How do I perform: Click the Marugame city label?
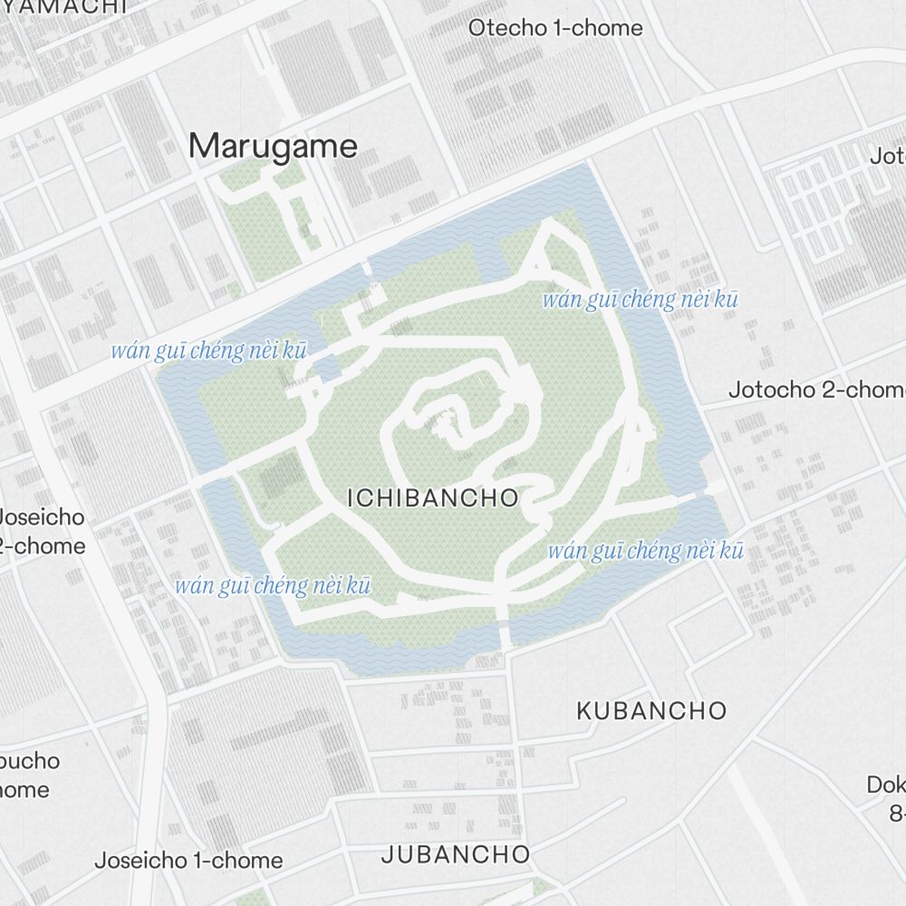(x=274, y=146)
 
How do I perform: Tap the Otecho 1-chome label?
(x=554, y=28)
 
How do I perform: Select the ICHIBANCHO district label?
(x=433, y=497)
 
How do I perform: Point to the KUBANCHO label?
(x=651, y=710)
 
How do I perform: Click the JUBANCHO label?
(x=456, y=853)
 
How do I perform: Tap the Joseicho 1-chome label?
(x=188, y=860)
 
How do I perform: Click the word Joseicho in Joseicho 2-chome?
(x=42, y=518)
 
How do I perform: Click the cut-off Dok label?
(x=886, y=784)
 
